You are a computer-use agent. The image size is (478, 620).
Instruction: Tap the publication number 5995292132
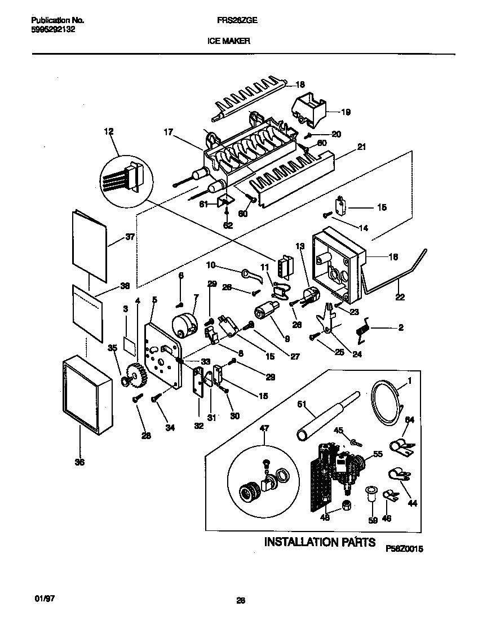(51, 30)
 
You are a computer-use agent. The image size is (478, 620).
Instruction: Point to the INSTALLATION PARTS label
(320, 542)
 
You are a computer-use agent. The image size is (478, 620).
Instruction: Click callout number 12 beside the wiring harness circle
(109, 131)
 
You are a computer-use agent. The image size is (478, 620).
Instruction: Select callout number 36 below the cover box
(79, 462)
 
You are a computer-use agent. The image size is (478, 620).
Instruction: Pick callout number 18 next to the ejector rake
(300, 85)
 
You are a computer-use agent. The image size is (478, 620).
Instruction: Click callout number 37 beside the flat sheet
(130, 237)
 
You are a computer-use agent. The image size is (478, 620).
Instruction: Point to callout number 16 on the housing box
(393, 257)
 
